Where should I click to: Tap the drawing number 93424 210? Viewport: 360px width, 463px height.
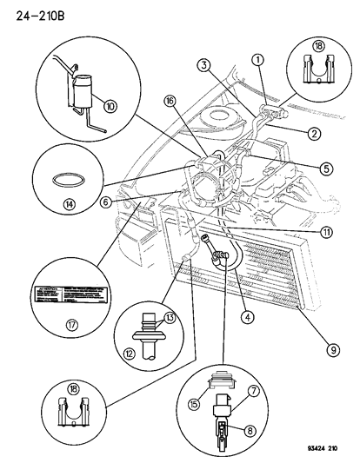[x=323, y=451]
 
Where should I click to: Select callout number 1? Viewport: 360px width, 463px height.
[x=259, y=58]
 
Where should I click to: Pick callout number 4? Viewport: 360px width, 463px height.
[x=249, y=317]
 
